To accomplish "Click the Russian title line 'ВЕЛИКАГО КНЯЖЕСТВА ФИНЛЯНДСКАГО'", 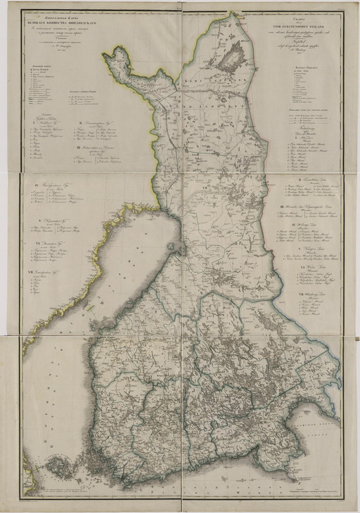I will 59,19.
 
